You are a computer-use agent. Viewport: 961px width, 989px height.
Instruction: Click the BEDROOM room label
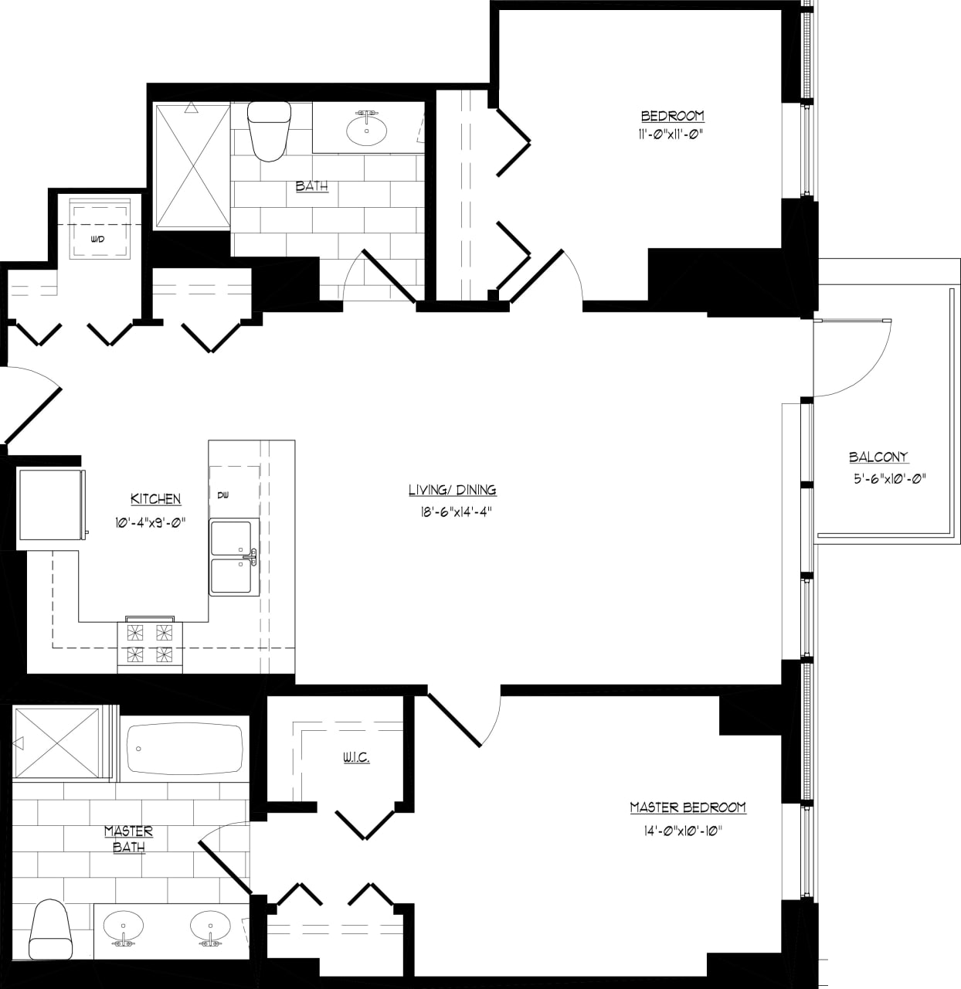[672, 116]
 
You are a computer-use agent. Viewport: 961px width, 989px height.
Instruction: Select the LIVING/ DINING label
[452, 490]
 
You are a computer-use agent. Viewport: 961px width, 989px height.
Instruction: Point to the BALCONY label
[878, 457]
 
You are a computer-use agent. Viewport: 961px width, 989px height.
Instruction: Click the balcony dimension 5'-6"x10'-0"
[889, 478]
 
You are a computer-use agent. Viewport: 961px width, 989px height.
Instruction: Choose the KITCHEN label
[155, 499]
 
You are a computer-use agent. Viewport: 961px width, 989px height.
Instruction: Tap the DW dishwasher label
[222, 494]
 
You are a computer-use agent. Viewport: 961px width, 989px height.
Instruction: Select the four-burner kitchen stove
[149, 644]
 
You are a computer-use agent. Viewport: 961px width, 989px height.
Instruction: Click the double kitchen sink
[232, 557]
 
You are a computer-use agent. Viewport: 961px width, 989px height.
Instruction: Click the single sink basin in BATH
[367, 130]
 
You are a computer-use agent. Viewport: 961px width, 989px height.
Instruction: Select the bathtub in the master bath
[183, 749]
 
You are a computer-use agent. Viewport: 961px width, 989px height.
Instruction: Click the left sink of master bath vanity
[123, 925]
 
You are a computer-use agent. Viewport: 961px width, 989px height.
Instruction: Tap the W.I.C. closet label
[356, 757]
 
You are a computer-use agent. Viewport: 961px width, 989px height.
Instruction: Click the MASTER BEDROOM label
[688, 807]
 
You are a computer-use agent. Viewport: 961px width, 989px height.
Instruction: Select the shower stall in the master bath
[57, 743]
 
